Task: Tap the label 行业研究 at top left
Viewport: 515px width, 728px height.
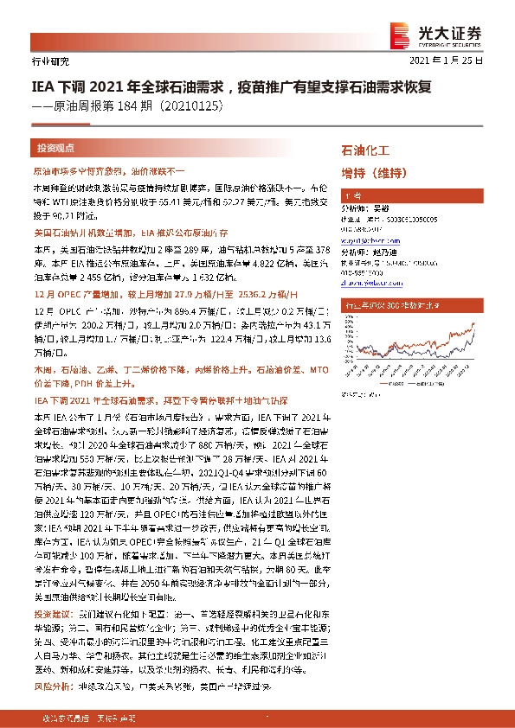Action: tap(48, 62)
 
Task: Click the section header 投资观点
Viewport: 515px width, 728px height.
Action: tap(56, 148)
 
